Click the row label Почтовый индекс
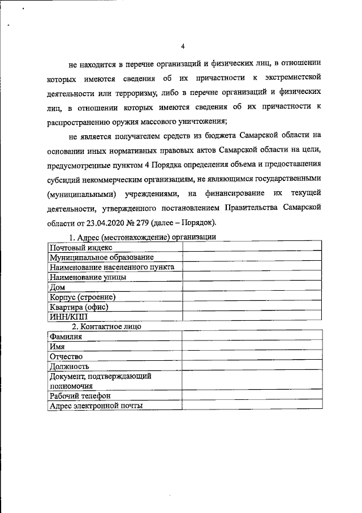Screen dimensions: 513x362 tap(81, 247)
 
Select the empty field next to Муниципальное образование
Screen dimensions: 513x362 tap(252, 257)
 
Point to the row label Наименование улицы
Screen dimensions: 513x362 tap(88, 277)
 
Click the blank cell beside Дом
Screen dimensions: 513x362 tap(252, 287)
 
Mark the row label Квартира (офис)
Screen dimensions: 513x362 tap(79, 307)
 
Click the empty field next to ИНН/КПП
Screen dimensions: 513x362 tap(252, 316)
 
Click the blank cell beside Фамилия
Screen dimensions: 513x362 tap(252, 337)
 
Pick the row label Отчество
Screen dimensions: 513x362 tap(66, 356)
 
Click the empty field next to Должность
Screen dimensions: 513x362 tap(252, 366)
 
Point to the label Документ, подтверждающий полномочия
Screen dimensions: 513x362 tap(100, 381)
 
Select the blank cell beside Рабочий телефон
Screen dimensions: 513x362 tap(252, 395)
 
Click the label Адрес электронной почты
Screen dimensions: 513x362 tap(96, 405)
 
